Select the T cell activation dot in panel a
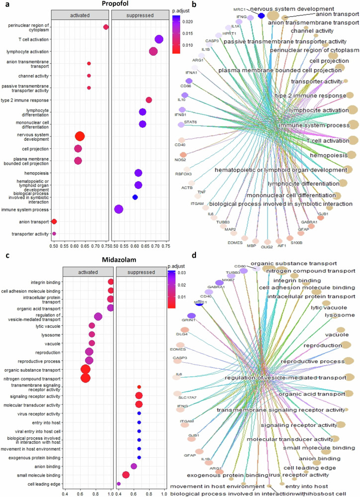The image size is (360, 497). coord(159,39)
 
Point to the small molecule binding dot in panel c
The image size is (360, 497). coord(126,475)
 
